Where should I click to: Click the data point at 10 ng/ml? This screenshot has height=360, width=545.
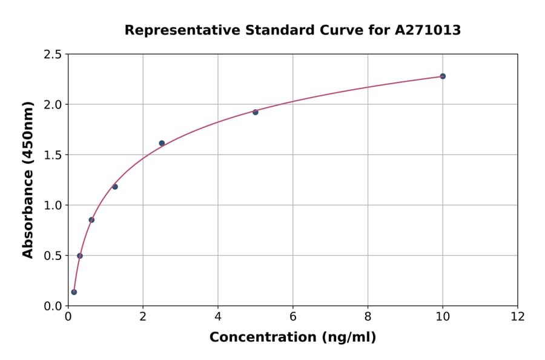click(x=443, y=76)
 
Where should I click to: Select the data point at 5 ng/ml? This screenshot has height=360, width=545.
click(x=256, y=112)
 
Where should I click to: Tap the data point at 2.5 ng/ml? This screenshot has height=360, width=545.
click(x=162, y=143)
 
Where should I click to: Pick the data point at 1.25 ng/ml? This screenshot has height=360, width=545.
click(x=115, y=187)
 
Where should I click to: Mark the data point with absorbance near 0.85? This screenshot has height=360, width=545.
click(x=91, y=220)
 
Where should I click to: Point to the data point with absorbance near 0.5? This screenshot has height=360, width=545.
click(x=80, y=256)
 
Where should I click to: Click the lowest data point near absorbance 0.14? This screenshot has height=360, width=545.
click(x=74, y=292)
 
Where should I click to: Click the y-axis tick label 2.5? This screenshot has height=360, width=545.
click(x=53, y=55)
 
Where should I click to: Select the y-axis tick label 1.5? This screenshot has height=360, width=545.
click(x=53, y=155)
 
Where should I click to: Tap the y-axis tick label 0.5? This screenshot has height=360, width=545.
click(x=53, y=256)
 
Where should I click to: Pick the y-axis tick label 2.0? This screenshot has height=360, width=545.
click(x=53, y=105)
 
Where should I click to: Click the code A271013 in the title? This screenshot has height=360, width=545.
click(x=428, y=30)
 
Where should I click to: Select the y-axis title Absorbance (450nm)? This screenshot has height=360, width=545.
click(x=28, y=180)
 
